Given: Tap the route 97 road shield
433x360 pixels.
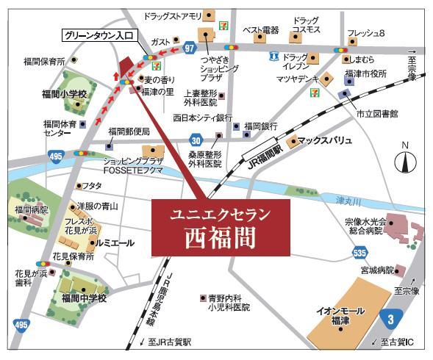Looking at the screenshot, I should coord(190,48).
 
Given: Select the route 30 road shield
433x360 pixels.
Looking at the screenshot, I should coord(195,140).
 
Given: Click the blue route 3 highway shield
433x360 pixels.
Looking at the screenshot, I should coord(393,317).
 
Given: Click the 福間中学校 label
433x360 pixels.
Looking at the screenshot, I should coord(85,298).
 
